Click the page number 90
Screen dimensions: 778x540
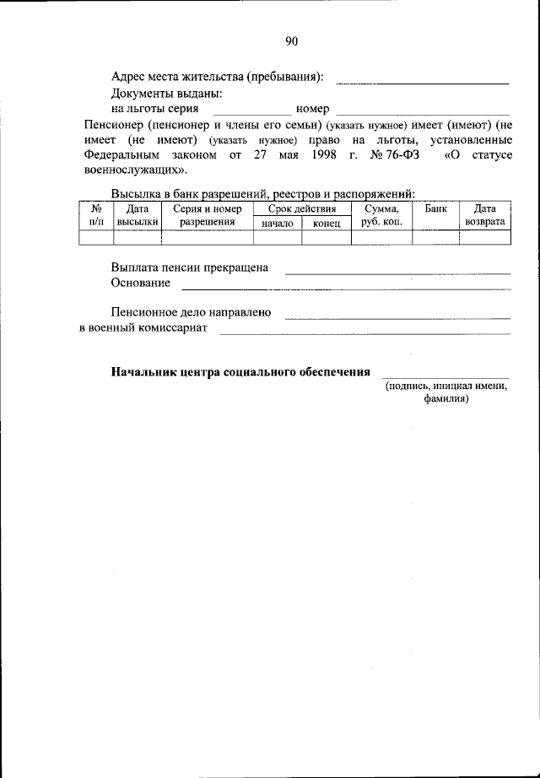[x=292, y=41]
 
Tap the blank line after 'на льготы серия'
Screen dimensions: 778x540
[x=251, y=112]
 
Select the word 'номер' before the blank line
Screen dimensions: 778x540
[x=312, y=110]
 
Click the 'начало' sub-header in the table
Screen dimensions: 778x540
[x=278, y=224]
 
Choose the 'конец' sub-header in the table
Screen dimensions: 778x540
[x=326, y=224]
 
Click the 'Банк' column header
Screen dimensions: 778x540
[x=436, y=208]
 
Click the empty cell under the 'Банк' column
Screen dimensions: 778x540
[x=436, y=237]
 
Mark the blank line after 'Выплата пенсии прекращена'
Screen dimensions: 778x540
[x=397, y=273]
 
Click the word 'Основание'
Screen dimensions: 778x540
[x=140, y=283]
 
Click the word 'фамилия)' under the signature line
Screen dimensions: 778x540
[x=446, y=400]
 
